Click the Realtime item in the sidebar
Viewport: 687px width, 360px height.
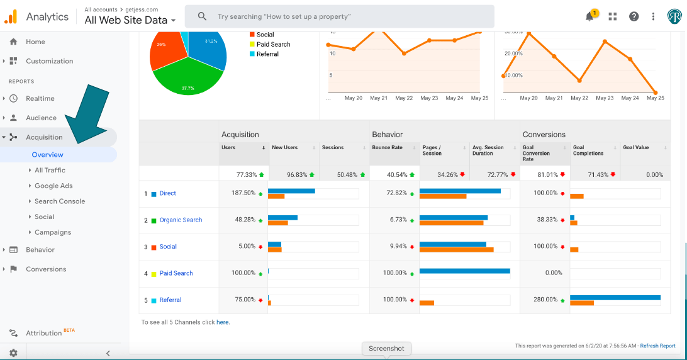click(40, 98)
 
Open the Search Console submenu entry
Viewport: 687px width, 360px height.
click(60, 201)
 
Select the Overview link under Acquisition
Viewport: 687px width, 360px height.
click(48, 155)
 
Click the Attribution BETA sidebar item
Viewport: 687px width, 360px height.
click(44, 333)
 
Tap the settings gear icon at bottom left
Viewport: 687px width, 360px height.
click(13, 353)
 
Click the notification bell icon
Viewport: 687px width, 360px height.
click(589, 17)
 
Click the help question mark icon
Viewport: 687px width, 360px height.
click(634, 17)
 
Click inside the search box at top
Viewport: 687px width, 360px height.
click(340, 16)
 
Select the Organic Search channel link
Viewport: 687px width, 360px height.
click(181, 220)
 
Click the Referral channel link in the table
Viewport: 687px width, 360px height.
click(170, 300)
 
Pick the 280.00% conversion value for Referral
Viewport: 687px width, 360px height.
click(545, 300)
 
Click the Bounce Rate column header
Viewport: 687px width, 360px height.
click(387, 148)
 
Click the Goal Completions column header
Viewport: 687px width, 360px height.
click(588, 150)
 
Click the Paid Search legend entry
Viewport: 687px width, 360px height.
click(273, 45)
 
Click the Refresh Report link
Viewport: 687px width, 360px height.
click(658, 346)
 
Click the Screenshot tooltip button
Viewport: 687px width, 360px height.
click(386, 348)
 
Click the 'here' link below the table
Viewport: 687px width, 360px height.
click(223, 322)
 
